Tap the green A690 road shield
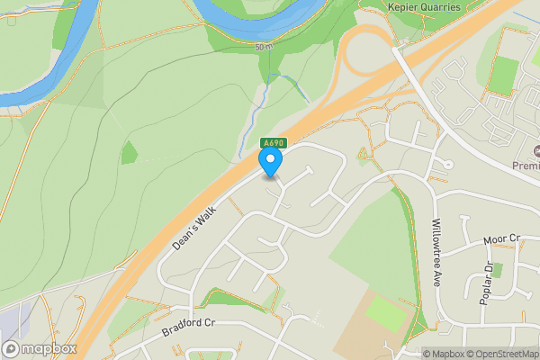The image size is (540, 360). point(273,143)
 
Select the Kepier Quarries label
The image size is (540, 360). point(425,7)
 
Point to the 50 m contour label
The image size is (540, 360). point(262,46)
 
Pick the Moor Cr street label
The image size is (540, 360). point(501,239)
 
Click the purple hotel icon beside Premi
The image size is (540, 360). point(538,150)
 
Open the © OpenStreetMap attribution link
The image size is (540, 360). point(501,354)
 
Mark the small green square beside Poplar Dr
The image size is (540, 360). point(497,269)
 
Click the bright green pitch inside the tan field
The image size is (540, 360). point(384,312)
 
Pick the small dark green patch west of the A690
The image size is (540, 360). point(130,152)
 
